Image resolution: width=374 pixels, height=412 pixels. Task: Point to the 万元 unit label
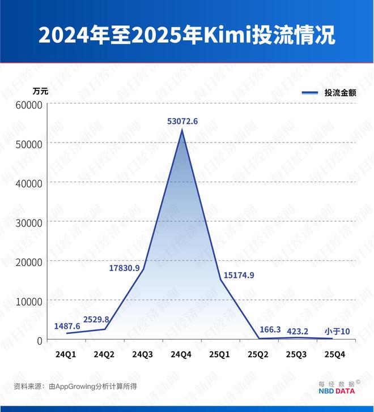40,91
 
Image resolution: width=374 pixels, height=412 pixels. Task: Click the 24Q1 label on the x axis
66,354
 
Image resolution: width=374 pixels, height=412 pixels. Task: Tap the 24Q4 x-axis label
182,354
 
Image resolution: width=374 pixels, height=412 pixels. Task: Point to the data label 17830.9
125,268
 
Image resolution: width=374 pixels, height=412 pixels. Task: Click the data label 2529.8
96,319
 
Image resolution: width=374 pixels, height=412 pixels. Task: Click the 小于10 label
337,331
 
